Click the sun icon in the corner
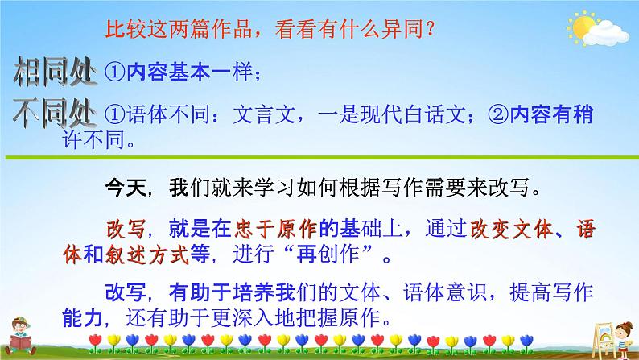(582, 27)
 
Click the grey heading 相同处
(55, 72)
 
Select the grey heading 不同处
(55, 114)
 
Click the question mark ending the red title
(430, 29)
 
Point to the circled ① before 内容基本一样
(114, 72)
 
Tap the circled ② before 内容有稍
(498, 114)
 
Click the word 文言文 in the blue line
(264, 114)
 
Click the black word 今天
(126, 188)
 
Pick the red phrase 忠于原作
(276, 230)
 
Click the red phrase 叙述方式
(146, 254)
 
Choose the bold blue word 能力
(83, 318)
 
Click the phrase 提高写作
(551, 292)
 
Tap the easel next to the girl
(604, 339)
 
